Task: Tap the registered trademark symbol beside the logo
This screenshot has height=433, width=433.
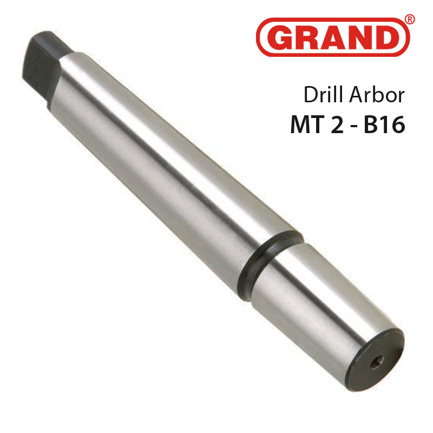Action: click(x=410, y=19)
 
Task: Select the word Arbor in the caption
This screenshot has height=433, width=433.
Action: click(x=376, y=95)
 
